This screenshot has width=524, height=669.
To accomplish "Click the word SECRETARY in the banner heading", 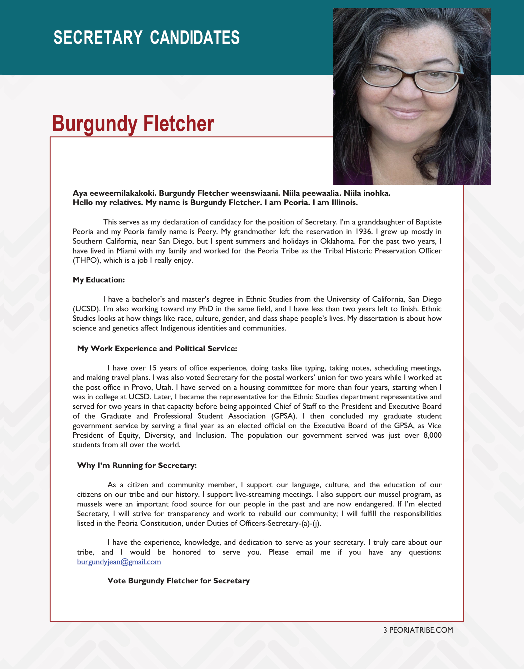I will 98,37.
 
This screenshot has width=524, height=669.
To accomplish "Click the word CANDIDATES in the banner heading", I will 195,37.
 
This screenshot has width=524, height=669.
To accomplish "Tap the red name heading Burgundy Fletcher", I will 133,123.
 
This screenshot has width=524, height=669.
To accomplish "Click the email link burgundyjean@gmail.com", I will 119,562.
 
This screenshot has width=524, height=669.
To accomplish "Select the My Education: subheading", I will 98,280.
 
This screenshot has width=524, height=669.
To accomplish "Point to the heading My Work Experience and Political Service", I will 157,348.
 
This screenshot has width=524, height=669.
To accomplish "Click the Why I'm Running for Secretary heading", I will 137,465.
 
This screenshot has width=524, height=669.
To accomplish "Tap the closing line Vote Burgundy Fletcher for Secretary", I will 178,581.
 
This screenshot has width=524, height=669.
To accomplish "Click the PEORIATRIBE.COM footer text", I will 421,630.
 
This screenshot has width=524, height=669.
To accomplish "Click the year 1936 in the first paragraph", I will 363,232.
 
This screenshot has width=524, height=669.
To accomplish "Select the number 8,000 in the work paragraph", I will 432,435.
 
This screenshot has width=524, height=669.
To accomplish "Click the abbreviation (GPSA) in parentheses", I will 284,416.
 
